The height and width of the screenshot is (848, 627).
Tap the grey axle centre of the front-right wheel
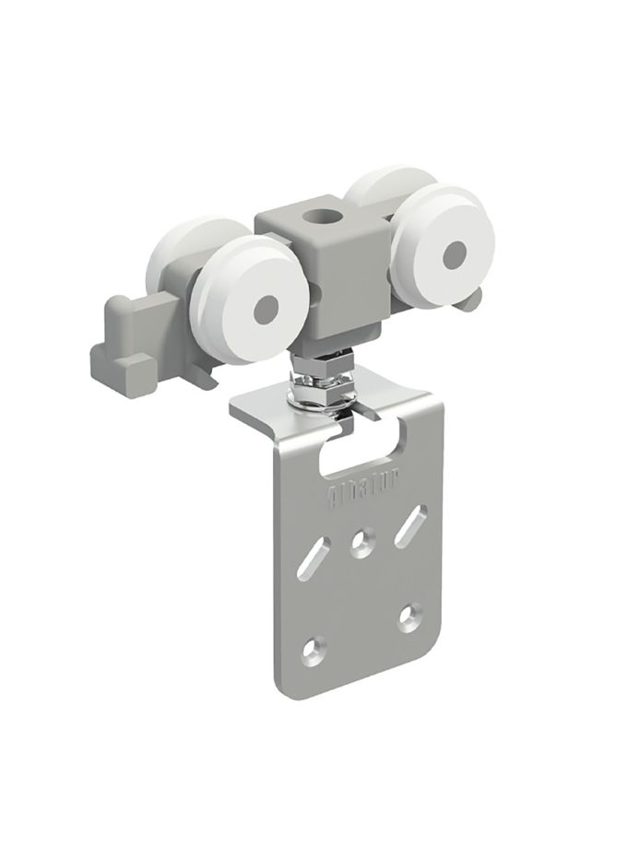tap(453, 254)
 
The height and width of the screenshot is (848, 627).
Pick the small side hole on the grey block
tap(313, 294)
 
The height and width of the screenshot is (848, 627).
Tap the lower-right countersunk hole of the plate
tap(411, 616)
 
